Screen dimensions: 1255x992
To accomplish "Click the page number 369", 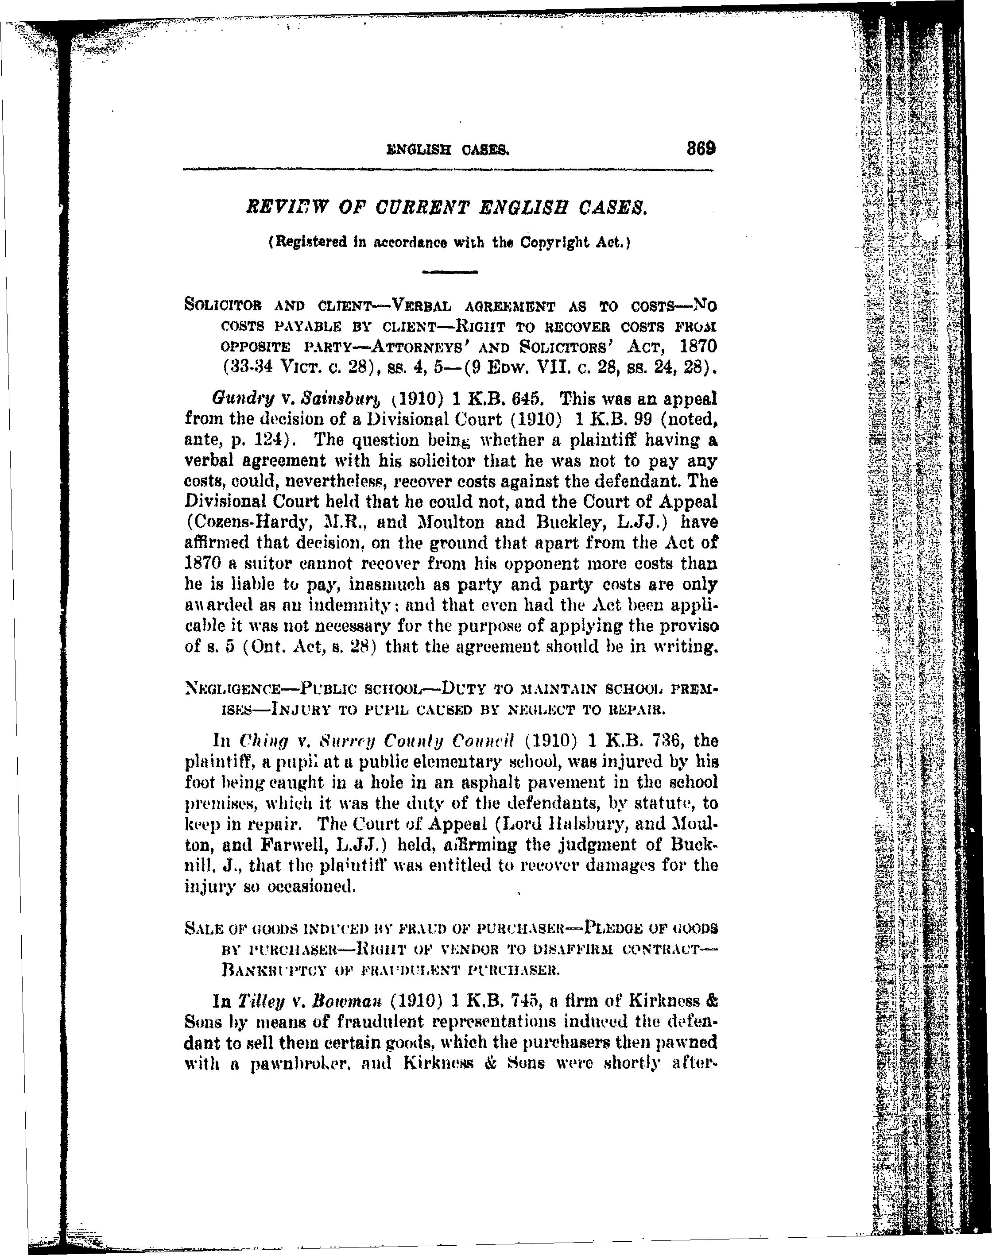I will (x=701, y=149).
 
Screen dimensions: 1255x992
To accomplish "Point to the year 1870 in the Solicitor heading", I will (x=697, y=346).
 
